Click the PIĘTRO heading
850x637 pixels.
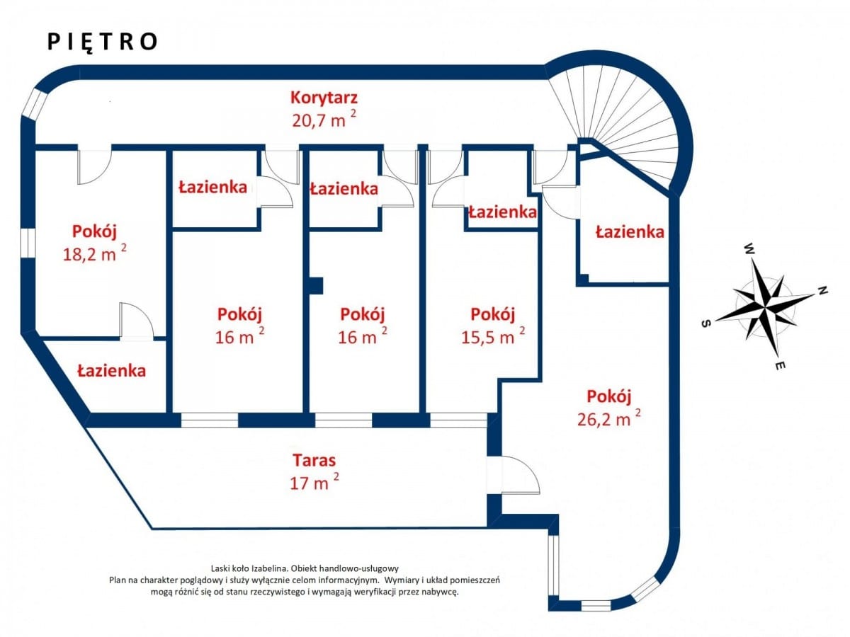tap(102, 42)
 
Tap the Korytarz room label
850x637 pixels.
tap(324, 98)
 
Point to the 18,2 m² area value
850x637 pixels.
tap(94, 253)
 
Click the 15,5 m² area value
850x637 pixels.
tap(493, 337)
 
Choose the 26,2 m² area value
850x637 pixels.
tap(609, 418)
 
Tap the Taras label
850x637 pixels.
tap(314, 460)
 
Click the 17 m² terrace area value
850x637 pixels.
tap(314, 482)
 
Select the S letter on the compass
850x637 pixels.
tap(706, 323)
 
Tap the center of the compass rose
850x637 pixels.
tap(765, 308)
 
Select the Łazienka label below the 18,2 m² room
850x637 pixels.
tap(111, 370)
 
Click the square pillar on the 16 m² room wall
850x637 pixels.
tap(316, 286)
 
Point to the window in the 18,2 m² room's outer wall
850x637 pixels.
tap(28, 243)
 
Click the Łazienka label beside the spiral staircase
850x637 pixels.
tap(630, 231)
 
